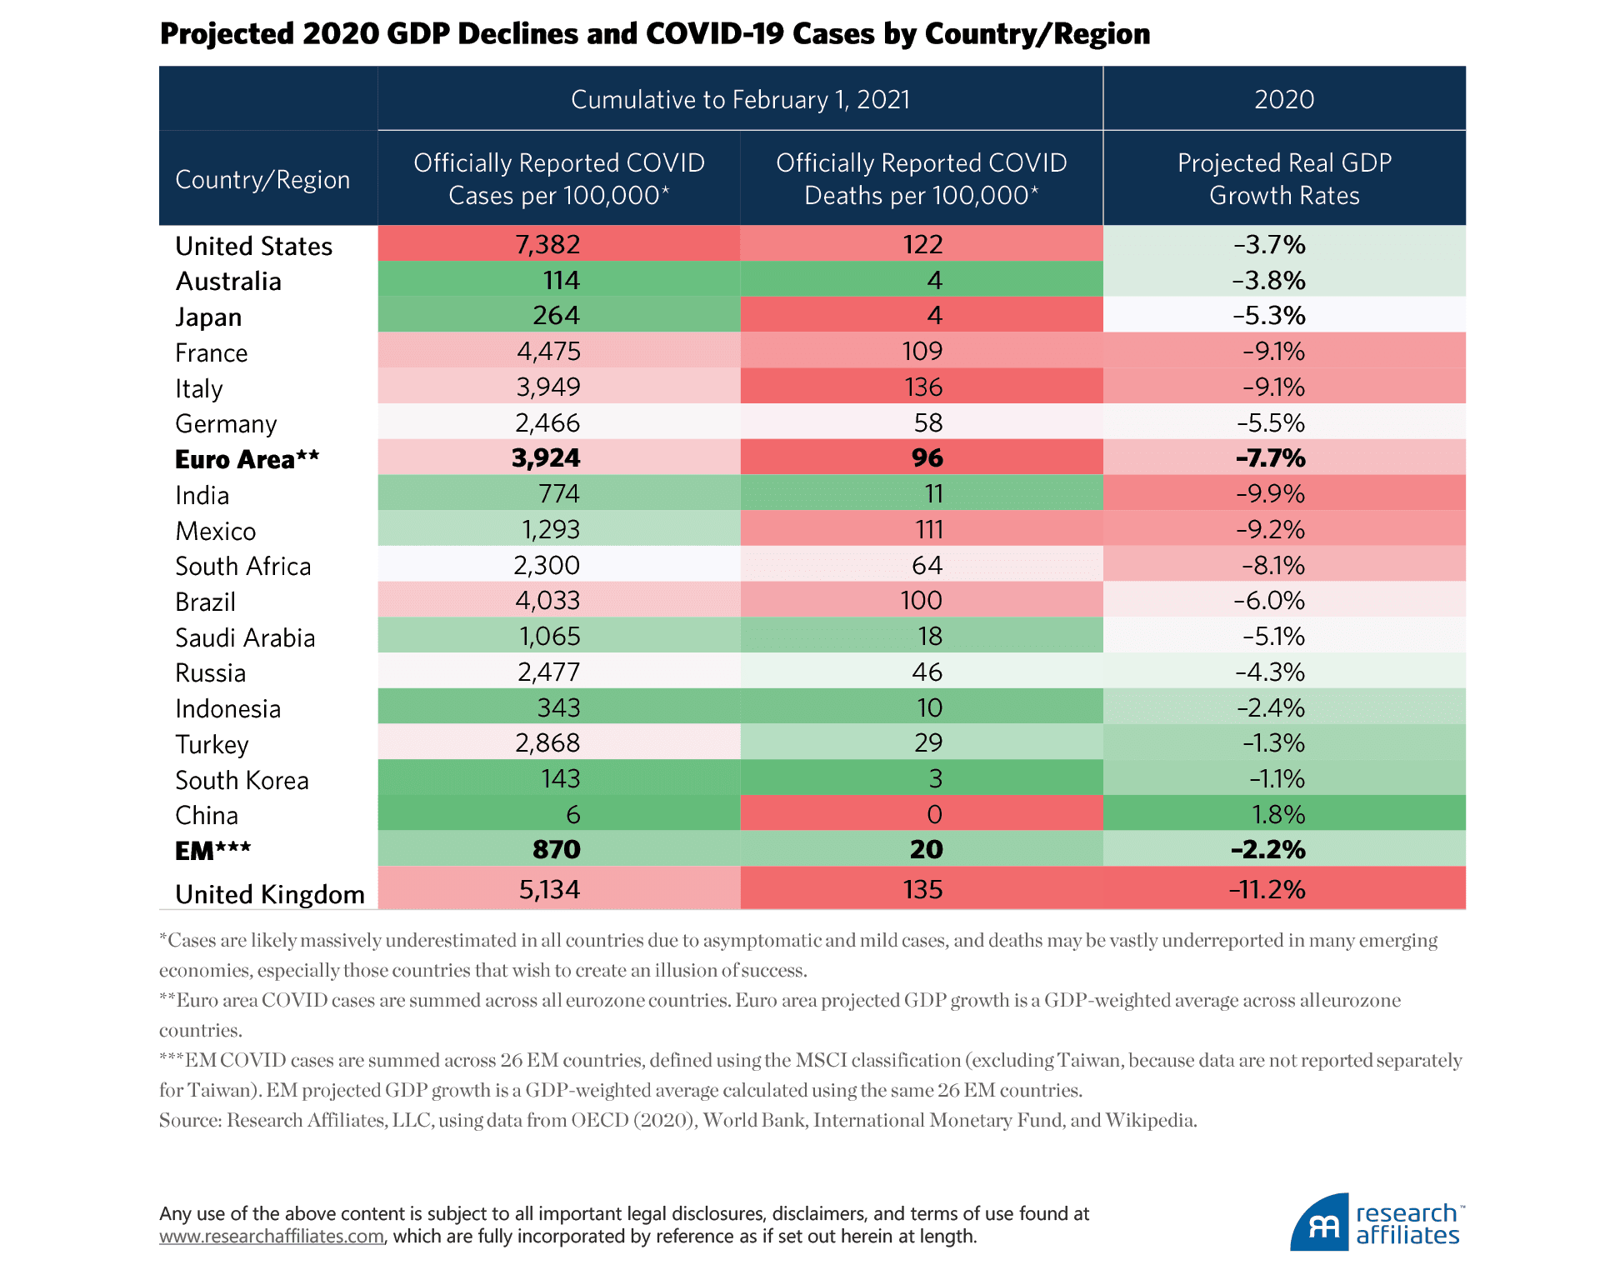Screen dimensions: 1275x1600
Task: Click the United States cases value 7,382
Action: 547,244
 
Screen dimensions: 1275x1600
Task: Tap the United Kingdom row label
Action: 269,894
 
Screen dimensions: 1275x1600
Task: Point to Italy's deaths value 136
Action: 922,387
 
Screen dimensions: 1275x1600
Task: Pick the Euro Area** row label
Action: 247,459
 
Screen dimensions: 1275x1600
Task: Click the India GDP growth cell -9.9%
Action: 1270,494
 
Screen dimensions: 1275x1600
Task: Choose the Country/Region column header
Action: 262,179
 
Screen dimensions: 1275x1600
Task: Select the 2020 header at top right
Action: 1283,99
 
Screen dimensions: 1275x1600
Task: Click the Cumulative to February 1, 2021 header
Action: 740,99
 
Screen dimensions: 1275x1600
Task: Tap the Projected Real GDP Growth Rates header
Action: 1283,178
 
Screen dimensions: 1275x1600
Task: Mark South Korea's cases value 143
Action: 560,778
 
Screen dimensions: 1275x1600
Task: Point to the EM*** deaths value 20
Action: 926,849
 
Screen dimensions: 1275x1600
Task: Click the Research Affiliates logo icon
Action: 1320,1223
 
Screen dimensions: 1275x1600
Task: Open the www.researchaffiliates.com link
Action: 272,1237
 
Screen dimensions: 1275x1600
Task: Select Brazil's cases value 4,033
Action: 547,601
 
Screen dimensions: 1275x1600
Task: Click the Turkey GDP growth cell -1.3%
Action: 1273,742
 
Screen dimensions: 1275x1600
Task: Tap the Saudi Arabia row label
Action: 245,637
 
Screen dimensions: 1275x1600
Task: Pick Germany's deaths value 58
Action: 927,422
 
